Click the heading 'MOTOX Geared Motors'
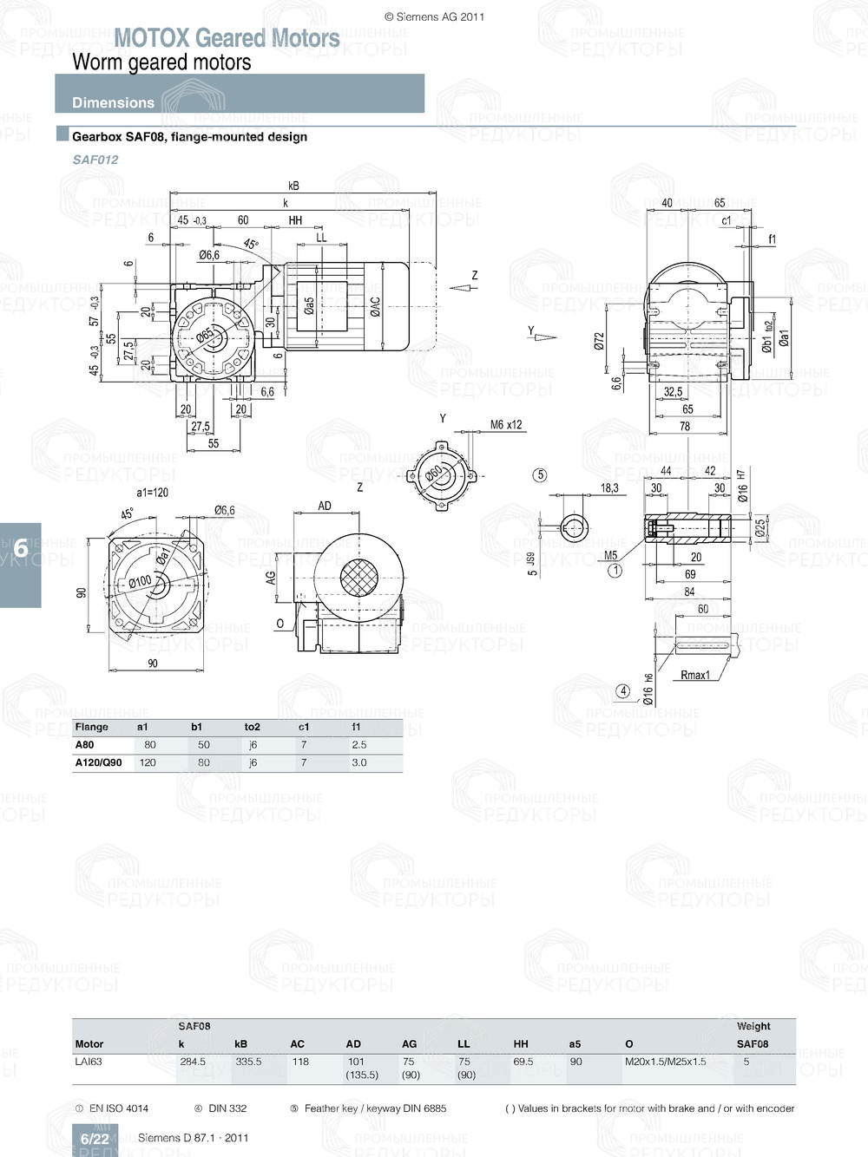(x=227, y=38)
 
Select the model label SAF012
(x=95, y=160)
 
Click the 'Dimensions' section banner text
(x=113, y=102)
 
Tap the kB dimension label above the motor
(x=293, y=186)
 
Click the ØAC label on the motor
(x=375, y=306)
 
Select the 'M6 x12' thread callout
(x=506, y=425)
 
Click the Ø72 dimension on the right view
(x=599, y=342)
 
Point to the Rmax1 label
(x=694, y=675)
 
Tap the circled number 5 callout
(x=540, y=474)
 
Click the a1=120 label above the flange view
(x=152, y=492)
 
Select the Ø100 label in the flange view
(x=140, y=581)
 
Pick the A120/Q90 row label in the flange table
(x=98, y=762)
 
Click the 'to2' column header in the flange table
(x=253, y=727)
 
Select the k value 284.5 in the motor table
(x=193, y=1062)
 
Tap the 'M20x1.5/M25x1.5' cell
(x=665, y=1062)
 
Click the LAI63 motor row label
(x=89, y=1062)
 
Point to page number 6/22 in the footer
(x=95, y=1139)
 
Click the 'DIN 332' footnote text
(x=227, y=1108)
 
